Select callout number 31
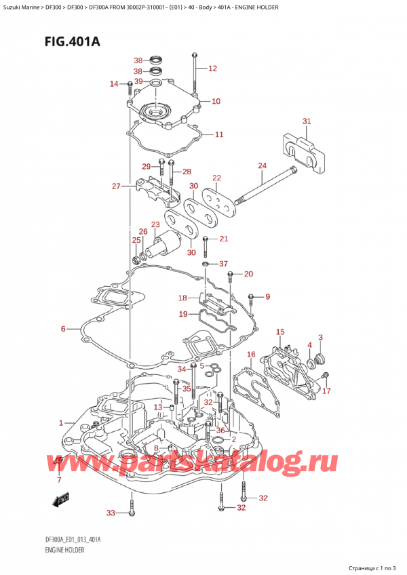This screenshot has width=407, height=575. click(x=306, y=121)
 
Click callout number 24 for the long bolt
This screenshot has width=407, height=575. click(x=262, y=165)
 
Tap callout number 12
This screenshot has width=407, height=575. click(x=212, y=68)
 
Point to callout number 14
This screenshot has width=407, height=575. click(x=114, y=84)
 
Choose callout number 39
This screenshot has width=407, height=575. click(x=138, y=81)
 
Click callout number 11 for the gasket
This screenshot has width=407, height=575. click(x=218, y=135)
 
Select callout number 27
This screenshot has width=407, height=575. click(x=116, y=186)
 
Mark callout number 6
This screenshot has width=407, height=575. click(x=63, y=329)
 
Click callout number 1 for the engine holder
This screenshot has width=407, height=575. click(x=62, y=423)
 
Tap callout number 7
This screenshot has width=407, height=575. click(x=58, y=480)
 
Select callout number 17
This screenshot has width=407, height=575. click(x=326, y=391)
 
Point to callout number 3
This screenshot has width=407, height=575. click(x=320, y=338)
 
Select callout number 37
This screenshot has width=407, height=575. click(x=223, y=264)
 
